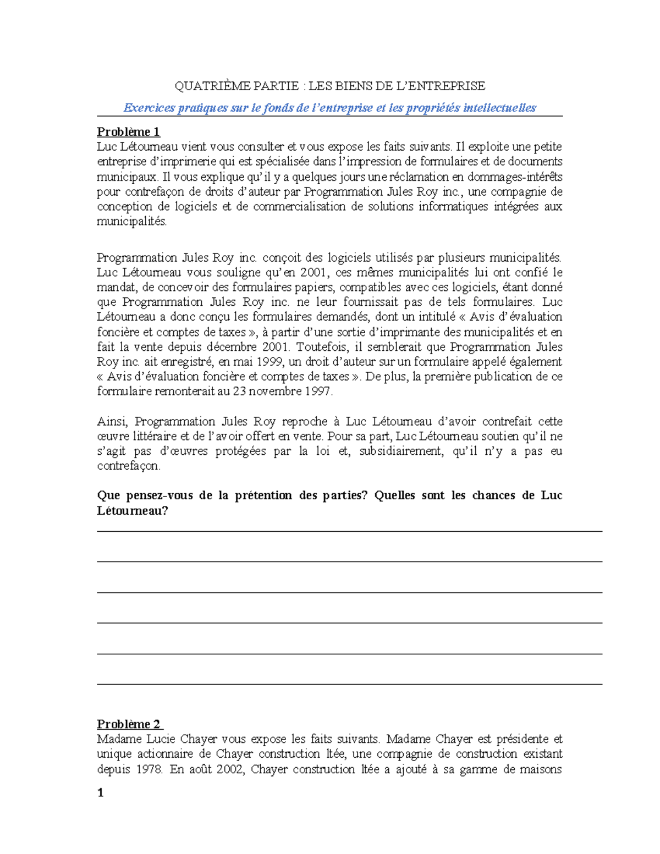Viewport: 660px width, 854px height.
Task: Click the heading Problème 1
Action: click(x=128, y=132)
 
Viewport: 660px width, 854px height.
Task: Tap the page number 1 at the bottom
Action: click(x=100, y=792)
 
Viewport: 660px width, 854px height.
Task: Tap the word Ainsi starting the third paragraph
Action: click(x=112, y=422)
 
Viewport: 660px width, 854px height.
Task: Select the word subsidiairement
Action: click(x=400, y=451)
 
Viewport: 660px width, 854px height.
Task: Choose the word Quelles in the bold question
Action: click(x=394, y=495)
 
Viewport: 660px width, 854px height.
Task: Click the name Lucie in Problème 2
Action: click(x=159, y=739)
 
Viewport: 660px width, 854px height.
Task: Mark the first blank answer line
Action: click(x=349, y=531)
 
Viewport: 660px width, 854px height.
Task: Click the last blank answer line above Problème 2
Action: click(x=349, y=684)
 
